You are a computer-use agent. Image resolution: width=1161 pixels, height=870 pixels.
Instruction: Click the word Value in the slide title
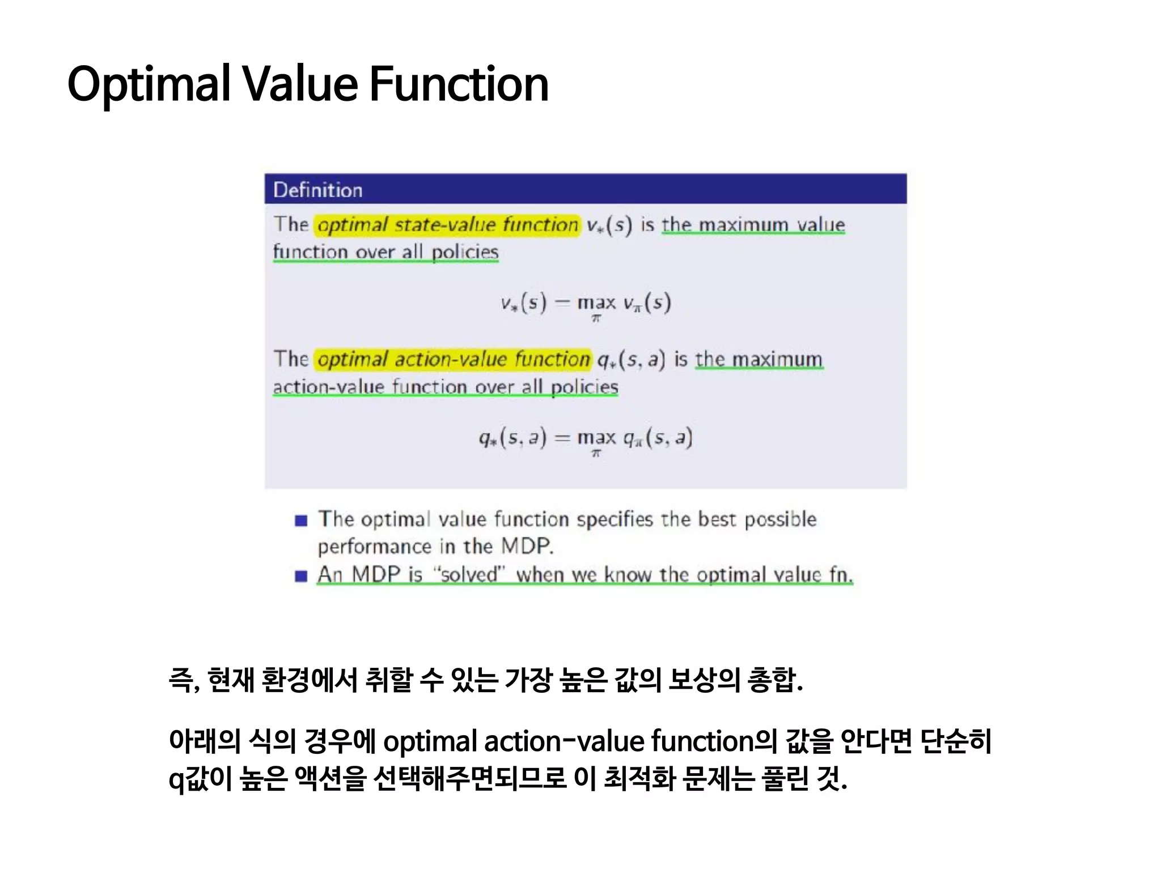tap(300, 84)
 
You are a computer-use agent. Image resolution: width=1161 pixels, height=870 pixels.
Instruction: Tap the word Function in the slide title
tap(459, 84)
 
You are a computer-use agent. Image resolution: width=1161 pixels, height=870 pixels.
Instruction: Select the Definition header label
tap(317, 190)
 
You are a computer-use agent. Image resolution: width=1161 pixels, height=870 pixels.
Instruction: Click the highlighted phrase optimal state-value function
tap(447, 225)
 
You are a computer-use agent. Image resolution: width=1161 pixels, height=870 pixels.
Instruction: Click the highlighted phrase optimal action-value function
tap(453, 360)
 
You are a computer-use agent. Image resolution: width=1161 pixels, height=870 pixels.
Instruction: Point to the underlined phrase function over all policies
tap(385, 252)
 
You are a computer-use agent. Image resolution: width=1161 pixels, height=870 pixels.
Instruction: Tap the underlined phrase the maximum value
tap(753, 225)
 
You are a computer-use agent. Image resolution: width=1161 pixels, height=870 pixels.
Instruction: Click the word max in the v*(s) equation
tap(596, 303)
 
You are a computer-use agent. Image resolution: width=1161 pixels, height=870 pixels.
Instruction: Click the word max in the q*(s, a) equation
tap(596, 438)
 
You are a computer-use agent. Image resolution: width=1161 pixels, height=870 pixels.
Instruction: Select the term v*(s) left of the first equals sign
tap(523, 303)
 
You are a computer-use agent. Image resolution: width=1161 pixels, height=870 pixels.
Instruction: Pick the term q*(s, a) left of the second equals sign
tap(512, 438)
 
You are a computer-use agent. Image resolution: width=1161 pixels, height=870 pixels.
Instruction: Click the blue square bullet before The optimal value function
tap(301, 521)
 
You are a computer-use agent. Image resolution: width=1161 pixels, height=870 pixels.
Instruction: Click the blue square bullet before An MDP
tap(301, 576)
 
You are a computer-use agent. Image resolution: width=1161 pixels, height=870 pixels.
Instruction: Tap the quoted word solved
tap(468, 575)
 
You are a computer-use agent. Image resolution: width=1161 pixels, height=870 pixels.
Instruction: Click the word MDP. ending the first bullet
tap(527, 547)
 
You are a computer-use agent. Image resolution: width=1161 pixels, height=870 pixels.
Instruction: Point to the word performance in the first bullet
tap(375, 547)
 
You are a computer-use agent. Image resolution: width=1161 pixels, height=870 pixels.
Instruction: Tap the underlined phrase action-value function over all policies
tap(445, 387)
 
